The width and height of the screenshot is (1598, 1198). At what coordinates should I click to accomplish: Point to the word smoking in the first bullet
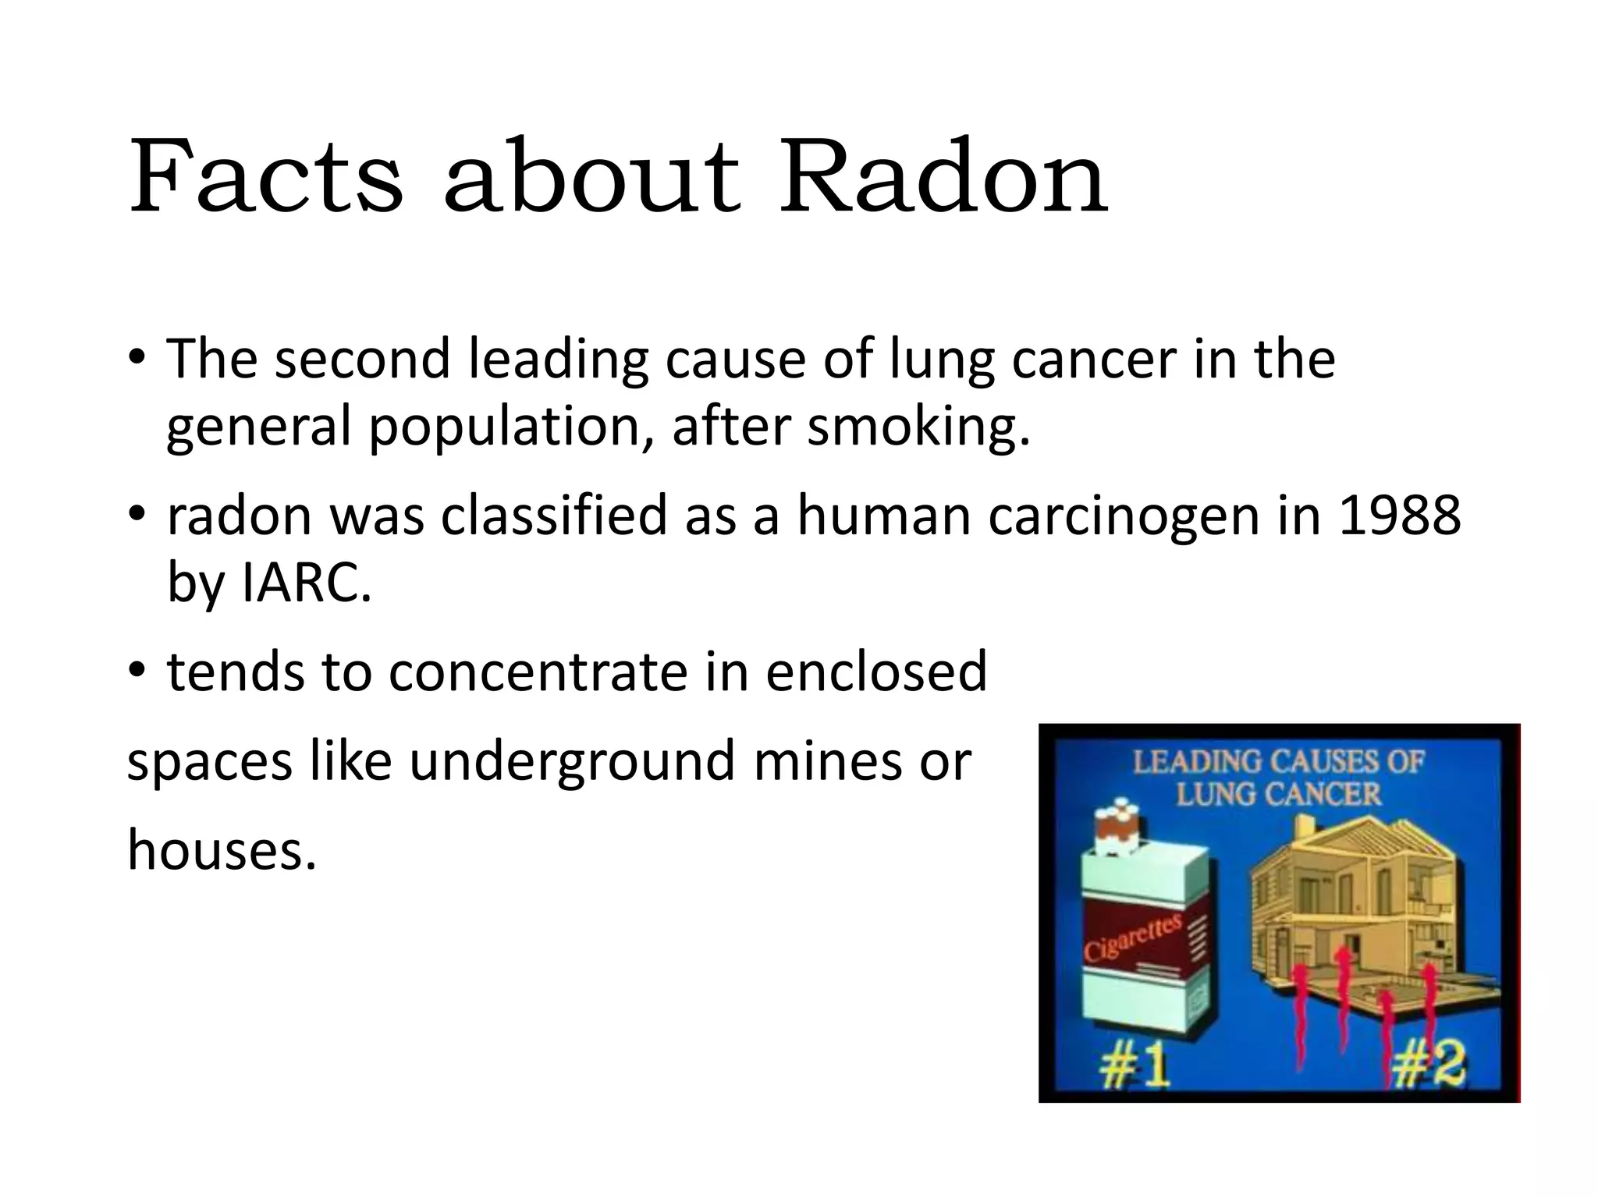pyautogui.click(x=918, y=427)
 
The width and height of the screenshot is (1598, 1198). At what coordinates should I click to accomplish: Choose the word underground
pyautogui.click(x=571, y=760)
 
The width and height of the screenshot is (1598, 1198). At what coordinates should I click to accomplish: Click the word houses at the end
pyautogui.click(x=221, y=849)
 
